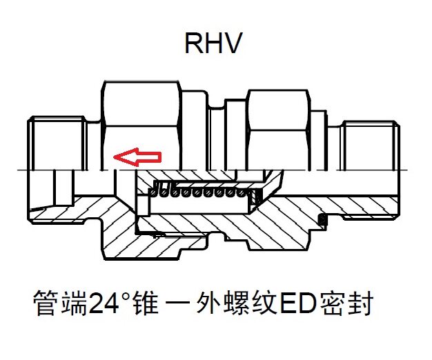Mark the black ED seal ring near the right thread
coord(322,220)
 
